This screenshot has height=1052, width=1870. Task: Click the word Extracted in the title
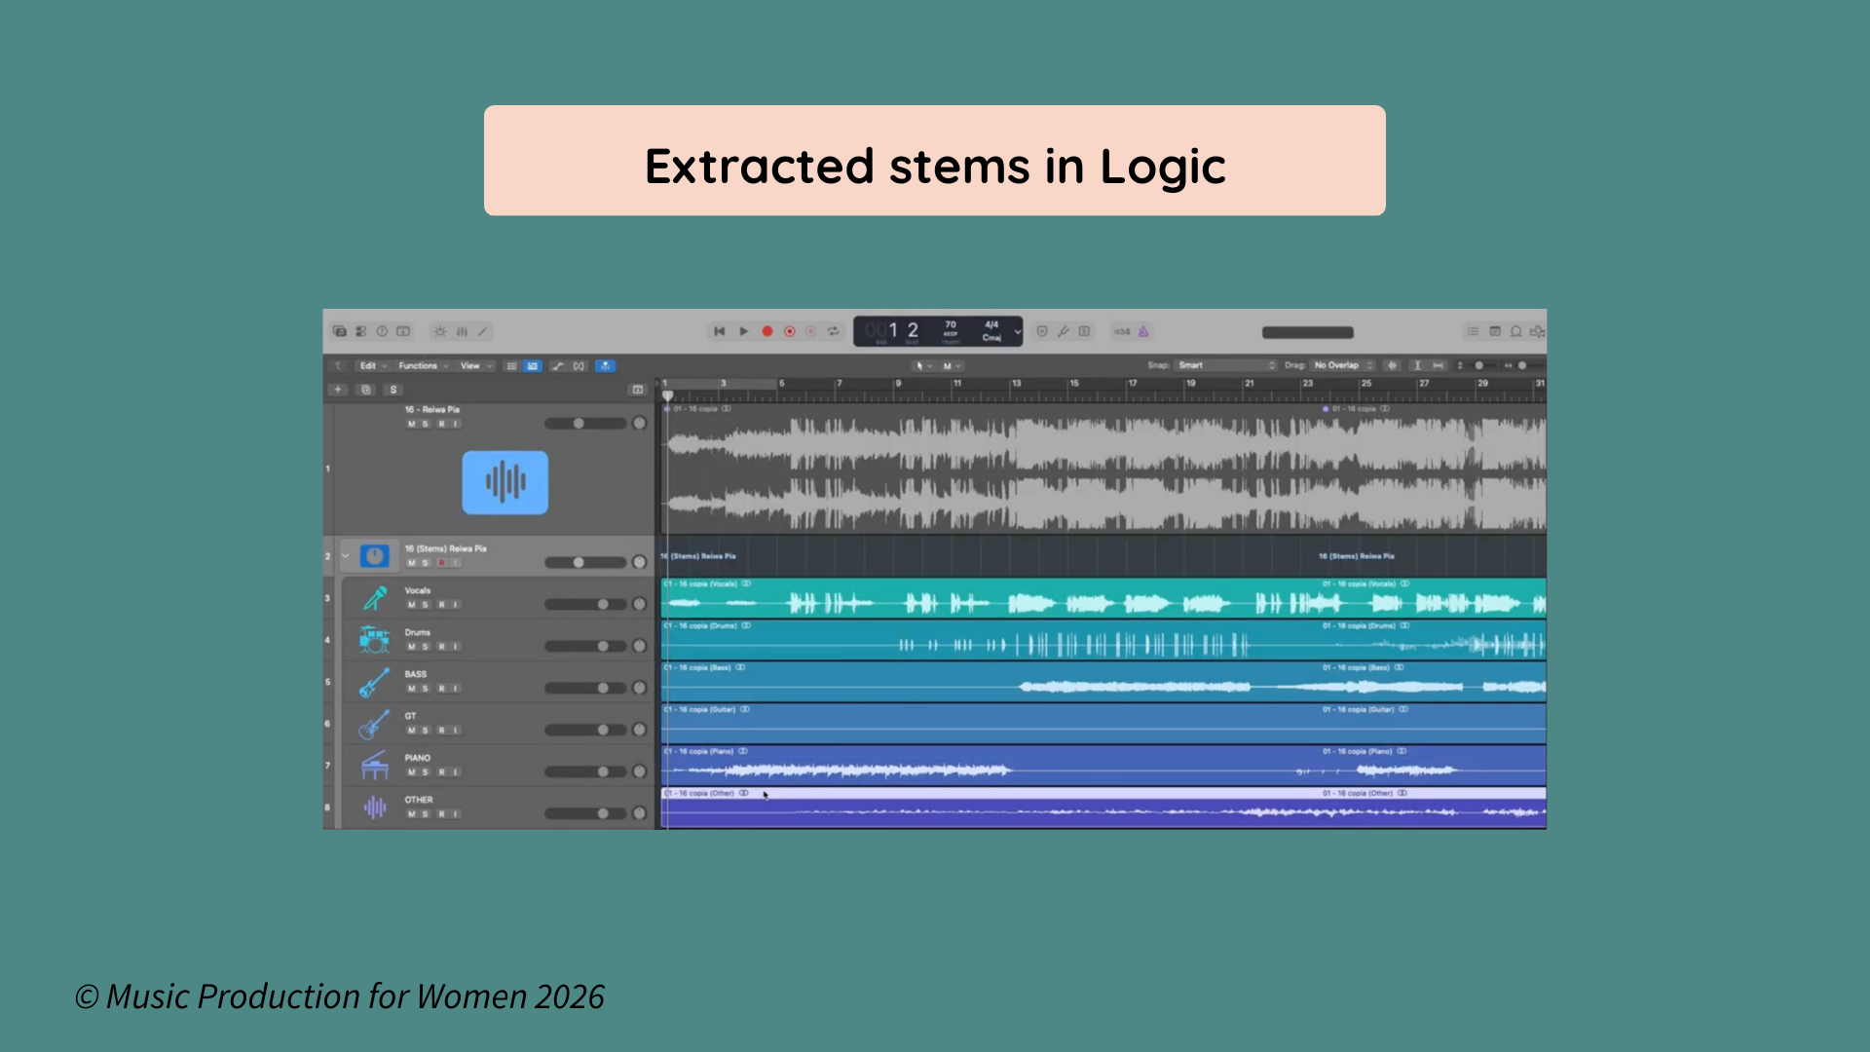point(759,167)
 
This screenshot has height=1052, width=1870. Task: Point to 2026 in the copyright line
point(569,996)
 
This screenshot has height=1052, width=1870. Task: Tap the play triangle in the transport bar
point(744,331)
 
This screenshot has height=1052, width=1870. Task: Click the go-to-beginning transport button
point(719,331)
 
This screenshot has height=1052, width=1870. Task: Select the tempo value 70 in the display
point(951,325)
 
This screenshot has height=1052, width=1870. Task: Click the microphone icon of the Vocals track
point(375,598)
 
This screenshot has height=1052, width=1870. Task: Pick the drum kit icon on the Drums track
point(374,640)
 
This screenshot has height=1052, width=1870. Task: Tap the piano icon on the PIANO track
point(374,766)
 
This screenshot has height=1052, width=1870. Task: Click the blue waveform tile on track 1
point(505,482)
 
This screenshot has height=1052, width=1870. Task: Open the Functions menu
point(419,366)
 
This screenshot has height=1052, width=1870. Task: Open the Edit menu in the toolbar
point(368,366)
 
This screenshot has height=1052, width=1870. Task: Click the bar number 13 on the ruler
point(1016,384)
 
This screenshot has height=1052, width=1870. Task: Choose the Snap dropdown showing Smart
point(1225,365)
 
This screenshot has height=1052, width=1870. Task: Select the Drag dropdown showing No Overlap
point(1342,365)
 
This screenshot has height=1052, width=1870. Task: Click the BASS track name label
point(416,674)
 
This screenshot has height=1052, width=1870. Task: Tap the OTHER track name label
point(419,800)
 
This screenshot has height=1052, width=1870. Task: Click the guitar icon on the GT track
point(374,725)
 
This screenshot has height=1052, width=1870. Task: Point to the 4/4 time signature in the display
point(991,324)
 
